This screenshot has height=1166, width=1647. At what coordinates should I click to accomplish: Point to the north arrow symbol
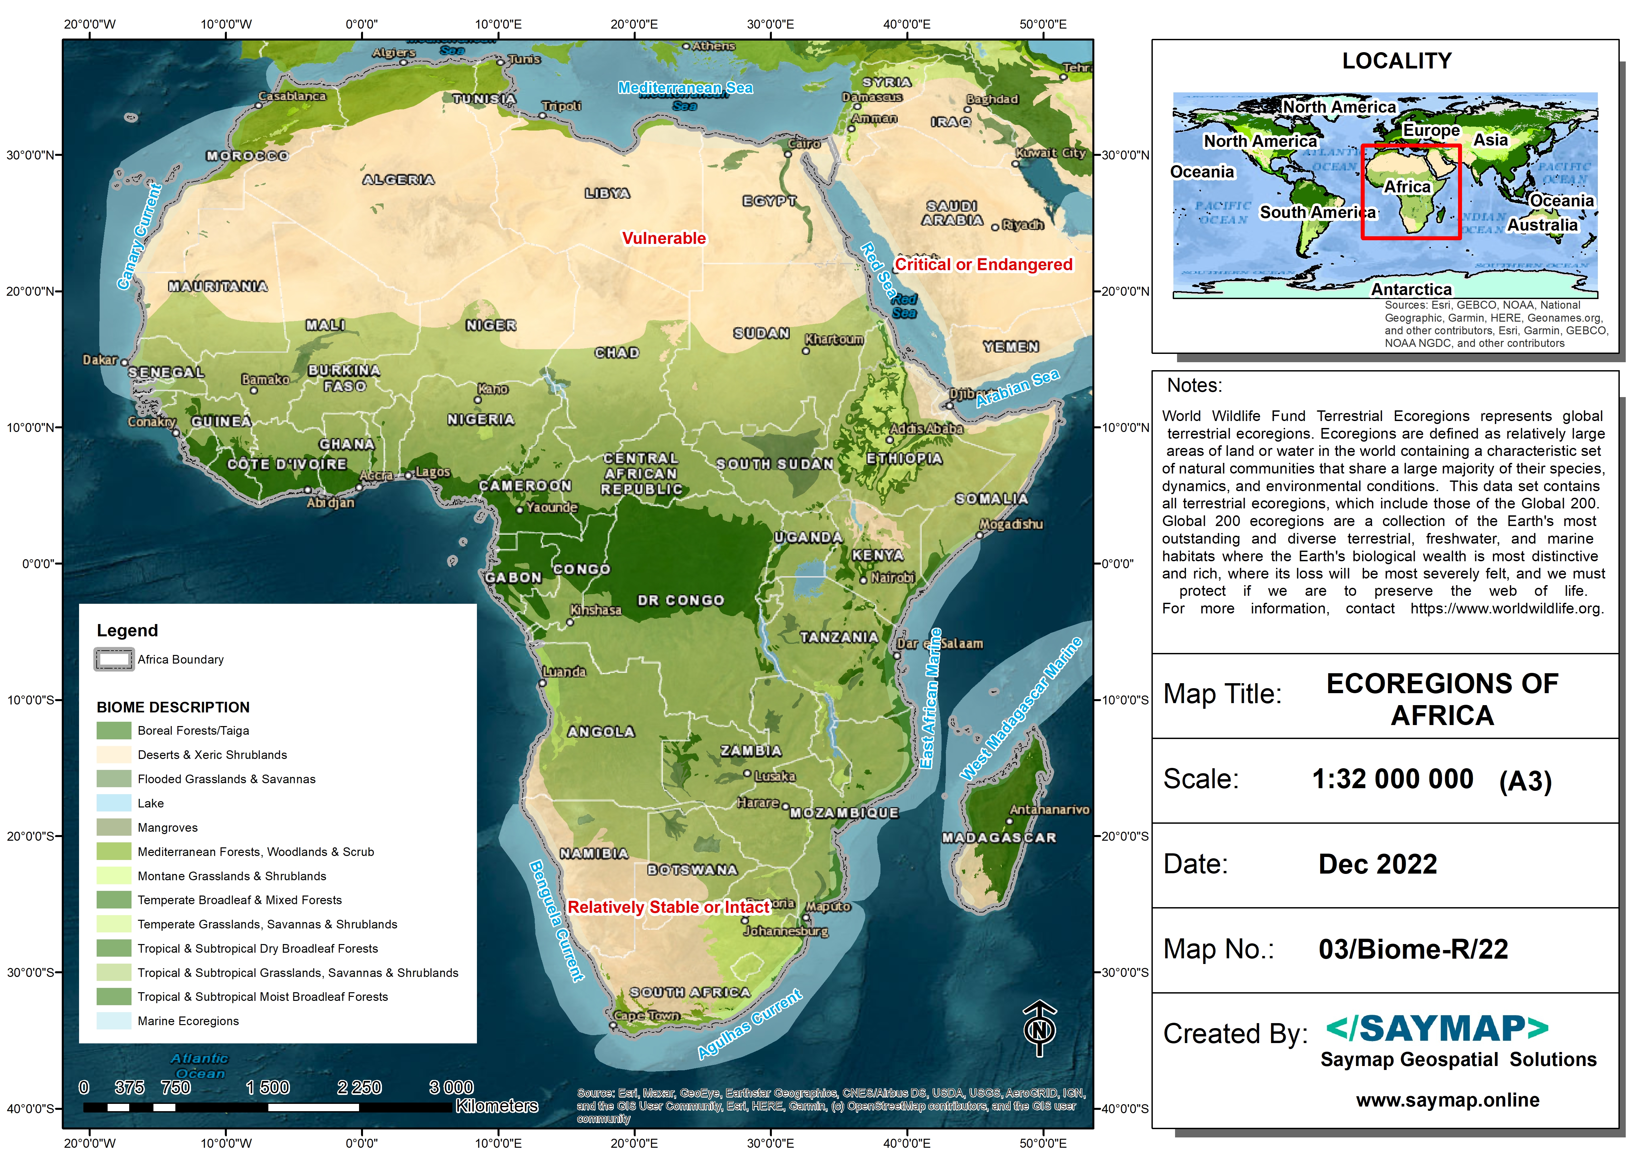pos(1039,1029)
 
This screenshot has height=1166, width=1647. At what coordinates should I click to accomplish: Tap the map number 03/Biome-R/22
pos(1412,949)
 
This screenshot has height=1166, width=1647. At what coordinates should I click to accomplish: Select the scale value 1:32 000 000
pos(1392,779)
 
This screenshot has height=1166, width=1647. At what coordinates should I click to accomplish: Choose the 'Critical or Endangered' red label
pos(983,265)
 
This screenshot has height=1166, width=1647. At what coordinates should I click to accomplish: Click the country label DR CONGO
pos(680,600)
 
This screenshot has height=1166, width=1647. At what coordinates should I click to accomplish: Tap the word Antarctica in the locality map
pos(1411,289)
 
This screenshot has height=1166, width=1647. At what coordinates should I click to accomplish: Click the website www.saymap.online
pos(1447,1100)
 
